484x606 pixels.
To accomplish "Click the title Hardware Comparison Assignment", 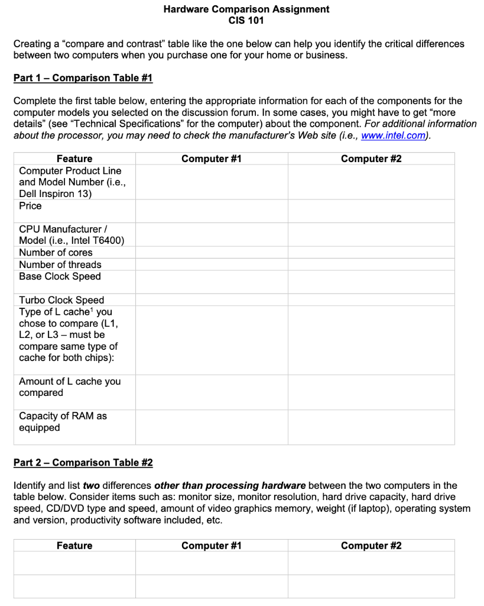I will tap(246, 9).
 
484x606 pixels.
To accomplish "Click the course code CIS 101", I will tap(246, 21).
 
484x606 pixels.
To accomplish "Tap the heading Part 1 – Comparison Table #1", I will tap(83, 78).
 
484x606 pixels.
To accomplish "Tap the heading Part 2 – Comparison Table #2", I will tap(83, 463).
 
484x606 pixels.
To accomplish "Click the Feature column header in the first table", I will tap(74, 159).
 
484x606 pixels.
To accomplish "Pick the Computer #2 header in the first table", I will tap(371, 159).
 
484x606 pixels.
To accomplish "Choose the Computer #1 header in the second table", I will tap(212, 546).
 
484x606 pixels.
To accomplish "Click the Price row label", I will tap(31, 206).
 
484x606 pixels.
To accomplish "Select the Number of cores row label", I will tap(56, 253).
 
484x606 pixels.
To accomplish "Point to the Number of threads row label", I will tap(60, 265).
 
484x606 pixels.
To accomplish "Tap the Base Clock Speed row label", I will tap(60, 276).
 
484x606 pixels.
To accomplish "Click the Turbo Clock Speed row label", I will tap(61, 300).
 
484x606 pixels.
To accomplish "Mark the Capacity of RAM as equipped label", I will tap(63, 421).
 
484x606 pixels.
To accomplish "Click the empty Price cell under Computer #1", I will tap(212, 211).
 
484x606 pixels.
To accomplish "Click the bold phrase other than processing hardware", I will tap(230, 486).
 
